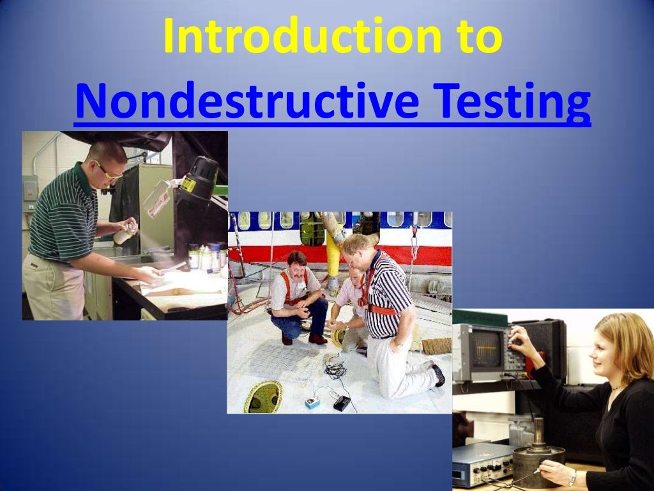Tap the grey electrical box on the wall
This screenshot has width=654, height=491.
(x=30, y=188)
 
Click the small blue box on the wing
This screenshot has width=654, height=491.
(x=312, y=402)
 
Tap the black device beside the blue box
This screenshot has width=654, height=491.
(x=342, y=403)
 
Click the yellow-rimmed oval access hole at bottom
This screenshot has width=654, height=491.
(x=262, y=396)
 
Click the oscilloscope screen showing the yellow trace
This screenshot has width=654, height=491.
(x=485, y=348)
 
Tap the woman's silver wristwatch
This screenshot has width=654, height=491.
(x=573, y=477)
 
